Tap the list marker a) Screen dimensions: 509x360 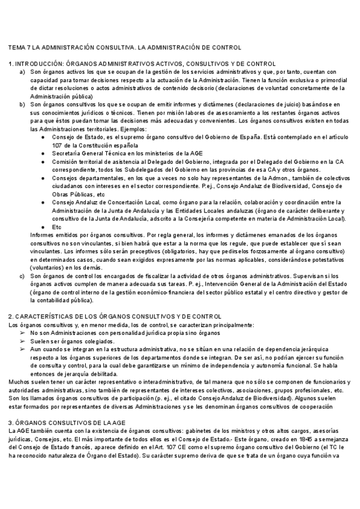click(22, 71)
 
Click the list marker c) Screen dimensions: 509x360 click(22, 276)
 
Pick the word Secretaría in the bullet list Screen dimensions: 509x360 click(66, 154)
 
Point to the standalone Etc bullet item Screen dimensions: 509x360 click(56, 227)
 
